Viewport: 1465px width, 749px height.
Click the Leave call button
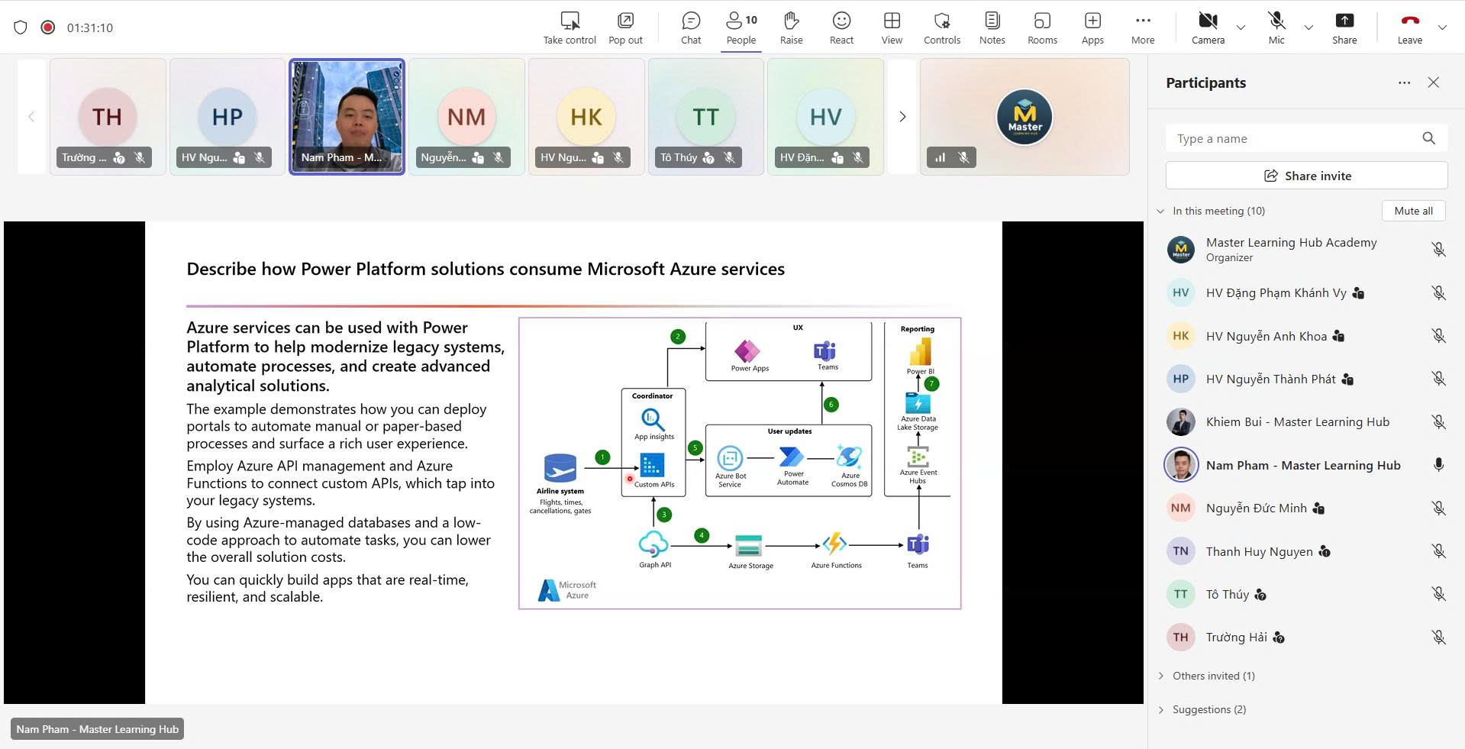(x=1409, y=27)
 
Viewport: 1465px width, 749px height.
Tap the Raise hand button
(x=791, y=27)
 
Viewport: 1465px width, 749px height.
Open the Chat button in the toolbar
(x=691, y=27)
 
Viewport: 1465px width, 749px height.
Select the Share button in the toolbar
(x=1344, y=27)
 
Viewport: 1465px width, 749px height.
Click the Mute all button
(x=1413, y=211)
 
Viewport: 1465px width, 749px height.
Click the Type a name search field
(x=1295, y=138)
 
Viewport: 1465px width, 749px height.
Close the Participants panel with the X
(x=1433, y=82)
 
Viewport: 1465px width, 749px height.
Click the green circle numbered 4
(x=702, y=535)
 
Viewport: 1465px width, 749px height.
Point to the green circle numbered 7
(x=931, y=383)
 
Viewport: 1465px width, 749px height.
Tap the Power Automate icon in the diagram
(x=792, y=457)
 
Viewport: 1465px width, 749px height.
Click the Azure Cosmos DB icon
(x=849, y=457)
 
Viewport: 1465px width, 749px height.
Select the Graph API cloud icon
(x=653, y=544)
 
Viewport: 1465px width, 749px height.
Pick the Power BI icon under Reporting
(x=920, y=353)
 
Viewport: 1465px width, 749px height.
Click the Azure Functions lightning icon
(x=835, y=544)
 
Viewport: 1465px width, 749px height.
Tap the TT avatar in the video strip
(x=705, y=117)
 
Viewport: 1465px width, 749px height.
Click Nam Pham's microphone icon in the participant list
(x=1438, y=465)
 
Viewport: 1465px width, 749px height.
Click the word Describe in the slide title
(x=221, y=269)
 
